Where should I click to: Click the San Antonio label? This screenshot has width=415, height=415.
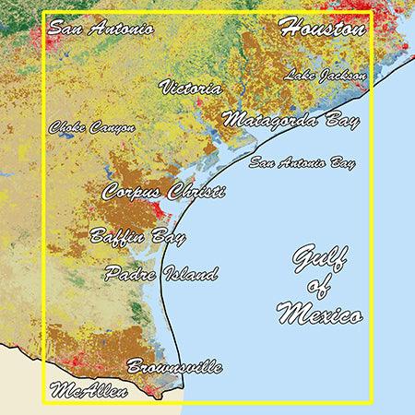coord(101,28)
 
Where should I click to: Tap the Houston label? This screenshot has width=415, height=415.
coord(323,28)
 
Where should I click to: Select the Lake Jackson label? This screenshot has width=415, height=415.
coord(326,74)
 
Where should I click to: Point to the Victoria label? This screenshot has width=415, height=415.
coord(190,88)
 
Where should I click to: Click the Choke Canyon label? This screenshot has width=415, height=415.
coord(92,127)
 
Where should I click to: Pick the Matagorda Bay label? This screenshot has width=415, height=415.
coord(290,120)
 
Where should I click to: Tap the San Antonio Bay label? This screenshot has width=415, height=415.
coord(302,164)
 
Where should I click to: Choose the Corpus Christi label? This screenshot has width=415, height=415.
coord(163,193)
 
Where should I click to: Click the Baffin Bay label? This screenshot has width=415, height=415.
coord(137,236)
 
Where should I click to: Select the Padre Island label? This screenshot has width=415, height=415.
coord(161,274)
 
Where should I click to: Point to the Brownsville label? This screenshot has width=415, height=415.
coord(174,367)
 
